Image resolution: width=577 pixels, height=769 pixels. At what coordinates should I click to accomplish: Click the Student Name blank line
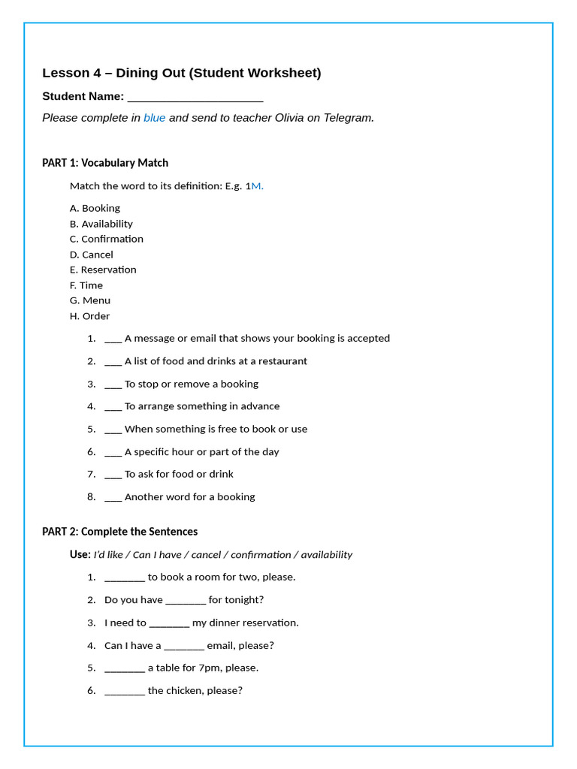click(x=195, y=98)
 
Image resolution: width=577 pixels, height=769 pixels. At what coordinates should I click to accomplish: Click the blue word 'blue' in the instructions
click(x=154, y=118)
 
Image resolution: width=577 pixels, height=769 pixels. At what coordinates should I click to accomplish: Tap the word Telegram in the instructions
click(x=348, y=118)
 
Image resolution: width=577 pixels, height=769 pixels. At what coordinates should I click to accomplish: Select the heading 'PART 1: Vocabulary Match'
click(x=105, y=163)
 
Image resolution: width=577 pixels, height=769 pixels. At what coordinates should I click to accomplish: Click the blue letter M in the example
click(x=255, y=186)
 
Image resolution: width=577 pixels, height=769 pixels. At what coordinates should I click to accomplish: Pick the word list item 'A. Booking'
click(x=95, y=208)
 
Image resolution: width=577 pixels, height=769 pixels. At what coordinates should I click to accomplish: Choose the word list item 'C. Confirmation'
click(x=107, y=239)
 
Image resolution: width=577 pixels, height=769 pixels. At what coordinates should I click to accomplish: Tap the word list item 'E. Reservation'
click(x=103, y=270)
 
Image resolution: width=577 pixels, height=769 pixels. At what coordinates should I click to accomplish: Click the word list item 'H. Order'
click(x=89, y=316)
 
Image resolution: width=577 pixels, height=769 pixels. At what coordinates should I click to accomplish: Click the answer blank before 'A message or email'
click(x=113, y=339)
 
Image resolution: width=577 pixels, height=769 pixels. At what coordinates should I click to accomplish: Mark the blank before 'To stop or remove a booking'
click(x=113, y=385)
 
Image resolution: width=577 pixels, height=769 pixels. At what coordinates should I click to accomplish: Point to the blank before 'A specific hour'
click(x=113, y=453)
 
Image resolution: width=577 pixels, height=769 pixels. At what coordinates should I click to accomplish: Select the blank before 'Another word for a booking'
click(x=113, y=498)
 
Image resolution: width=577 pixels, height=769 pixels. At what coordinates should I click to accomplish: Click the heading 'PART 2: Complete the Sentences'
click(x=120, y=532)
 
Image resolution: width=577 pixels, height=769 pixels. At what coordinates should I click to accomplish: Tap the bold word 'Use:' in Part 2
click(x=80, y=555)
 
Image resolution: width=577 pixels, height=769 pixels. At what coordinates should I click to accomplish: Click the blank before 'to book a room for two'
click(x=125, y=578)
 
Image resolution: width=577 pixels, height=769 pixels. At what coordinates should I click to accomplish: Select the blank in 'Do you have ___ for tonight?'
click(x=186, y=601)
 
